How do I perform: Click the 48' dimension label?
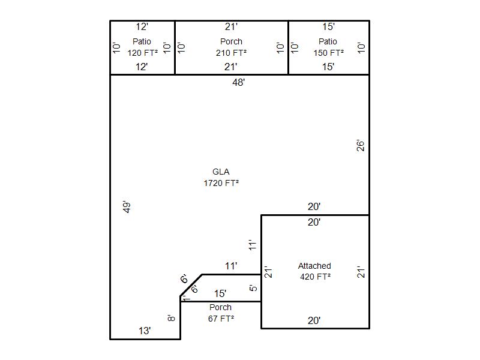238,82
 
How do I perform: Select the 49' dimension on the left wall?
127,207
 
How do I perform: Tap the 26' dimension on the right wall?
361,146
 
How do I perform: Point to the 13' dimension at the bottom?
145,331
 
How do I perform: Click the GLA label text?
221,172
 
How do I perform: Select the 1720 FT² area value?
221,183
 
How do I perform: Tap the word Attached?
314,266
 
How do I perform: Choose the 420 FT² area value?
316,277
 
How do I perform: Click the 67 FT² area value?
221,319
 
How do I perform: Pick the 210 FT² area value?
231,53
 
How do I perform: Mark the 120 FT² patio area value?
143,53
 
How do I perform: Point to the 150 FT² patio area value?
328,53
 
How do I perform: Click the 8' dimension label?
171,318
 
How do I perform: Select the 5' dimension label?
253,288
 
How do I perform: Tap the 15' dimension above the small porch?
220,294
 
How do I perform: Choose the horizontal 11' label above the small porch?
231,266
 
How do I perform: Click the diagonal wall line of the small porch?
191,286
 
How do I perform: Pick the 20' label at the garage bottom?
314,321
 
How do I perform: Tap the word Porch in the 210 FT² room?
231,41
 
